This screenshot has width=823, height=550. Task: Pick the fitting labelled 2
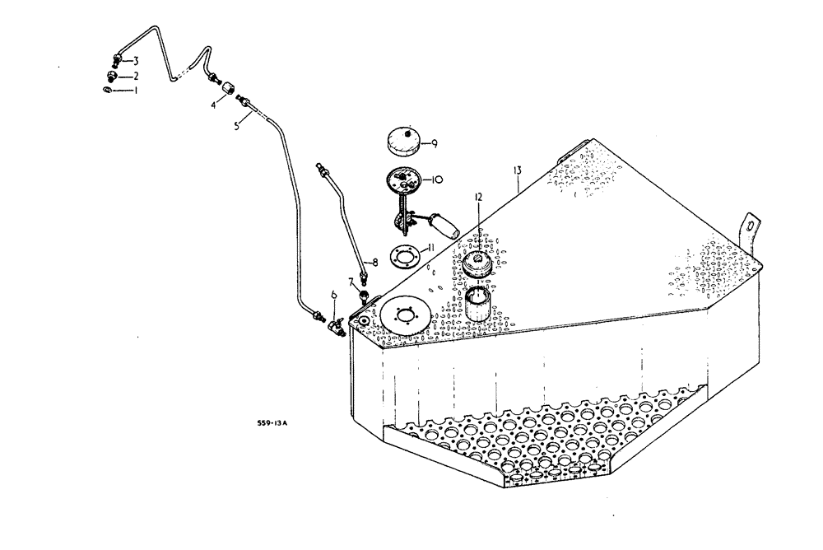111,75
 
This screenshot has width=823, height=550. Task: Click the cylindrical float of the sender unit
444,225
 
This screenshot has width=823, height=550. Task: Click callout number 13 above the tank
517,170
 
